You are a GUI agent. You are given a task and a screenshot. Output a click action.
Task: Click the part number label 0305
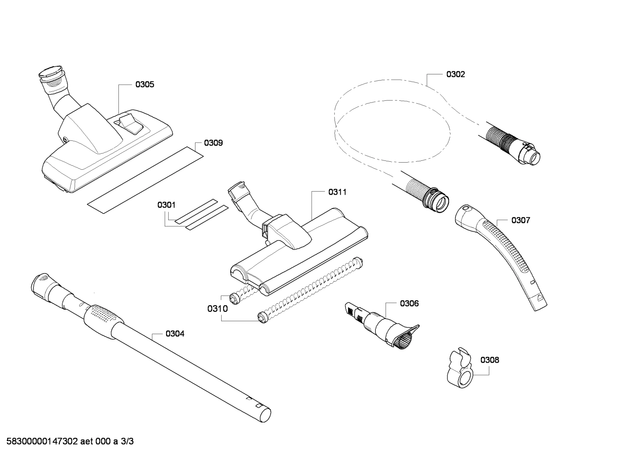pos(145,84)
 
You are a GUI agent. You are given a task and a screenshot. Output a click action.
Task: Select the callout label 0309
pos(213,143)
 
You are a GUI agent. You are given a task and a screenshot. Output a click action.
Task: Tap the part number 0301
pos(166,205)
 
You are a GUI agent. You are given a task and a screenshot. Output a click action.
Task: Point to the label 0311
pos(337,192)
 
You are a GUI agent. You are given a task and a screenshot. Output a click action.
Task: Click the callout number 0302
pos(455,74)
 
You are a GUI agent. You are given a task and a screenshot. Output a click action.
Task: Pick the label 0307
pos(520,220)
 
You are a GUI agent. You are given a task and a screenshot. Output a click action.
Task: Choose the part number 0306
pos(409,303)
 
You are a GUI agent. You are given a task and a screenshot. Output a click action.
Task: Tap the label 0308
pos(489,360)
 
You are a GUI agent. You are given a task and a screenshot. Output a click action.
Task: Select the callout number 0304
pos(175,334)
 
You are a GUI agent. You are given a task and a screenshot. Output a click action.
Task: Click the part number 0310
pos(218,308)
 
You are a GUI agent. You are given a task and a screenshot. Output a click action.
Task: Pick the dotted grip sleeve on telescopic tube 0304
pos(102,317)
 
